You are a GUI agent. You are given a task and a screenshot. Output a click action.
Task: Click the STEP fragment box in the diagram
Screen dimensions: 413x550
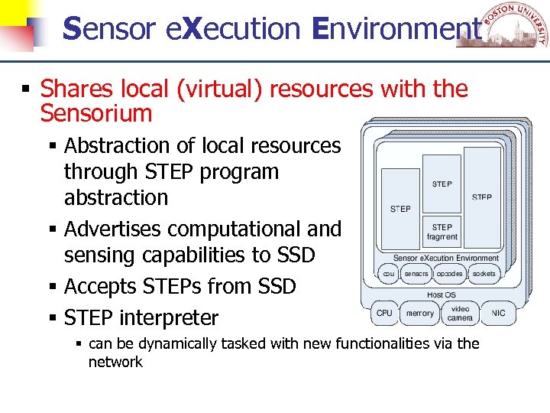(442, 232)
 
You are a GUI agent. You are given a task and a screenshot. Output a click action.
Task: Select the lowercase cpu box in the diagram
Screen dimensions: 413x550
(388, 273)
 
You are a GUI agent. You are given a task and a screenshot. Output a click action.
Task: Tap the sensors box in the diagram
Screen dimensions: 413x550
(416, 273)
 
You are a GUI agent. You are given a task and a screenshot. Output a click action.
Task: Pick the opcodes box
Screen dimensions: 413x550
(449, 273)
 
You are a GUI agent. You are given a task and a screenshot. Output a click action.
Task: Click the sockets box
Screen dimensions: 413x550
(484, 273)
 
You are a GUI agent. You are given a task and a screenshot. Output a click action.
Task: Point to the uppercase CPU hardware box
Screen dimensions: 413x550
(384, 313)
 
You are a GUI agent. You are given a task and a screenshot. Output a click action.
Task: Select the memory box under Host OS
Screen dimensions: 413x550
(419, 313)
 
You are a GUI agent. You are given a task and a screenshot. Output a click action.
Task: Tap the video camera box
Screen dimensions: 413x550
(460, 313)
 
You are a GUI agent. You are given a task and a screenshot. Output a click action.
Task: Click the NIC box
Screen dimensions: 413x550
(499, 313)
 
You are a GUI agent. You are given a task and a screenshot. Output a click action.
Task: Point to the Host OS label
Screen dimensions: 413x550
(442, 294)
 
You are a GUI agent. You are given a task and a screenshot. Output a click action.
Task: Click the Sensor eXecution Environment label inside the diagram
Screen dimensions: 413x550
(445, 259)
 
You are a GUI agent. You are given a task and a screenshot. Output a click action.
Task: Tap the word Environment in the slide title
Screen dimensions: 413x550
(397, 29)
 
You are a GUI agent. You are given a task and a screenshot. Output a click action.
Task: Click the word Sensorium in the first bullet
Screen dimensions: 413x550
(96, 114)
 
